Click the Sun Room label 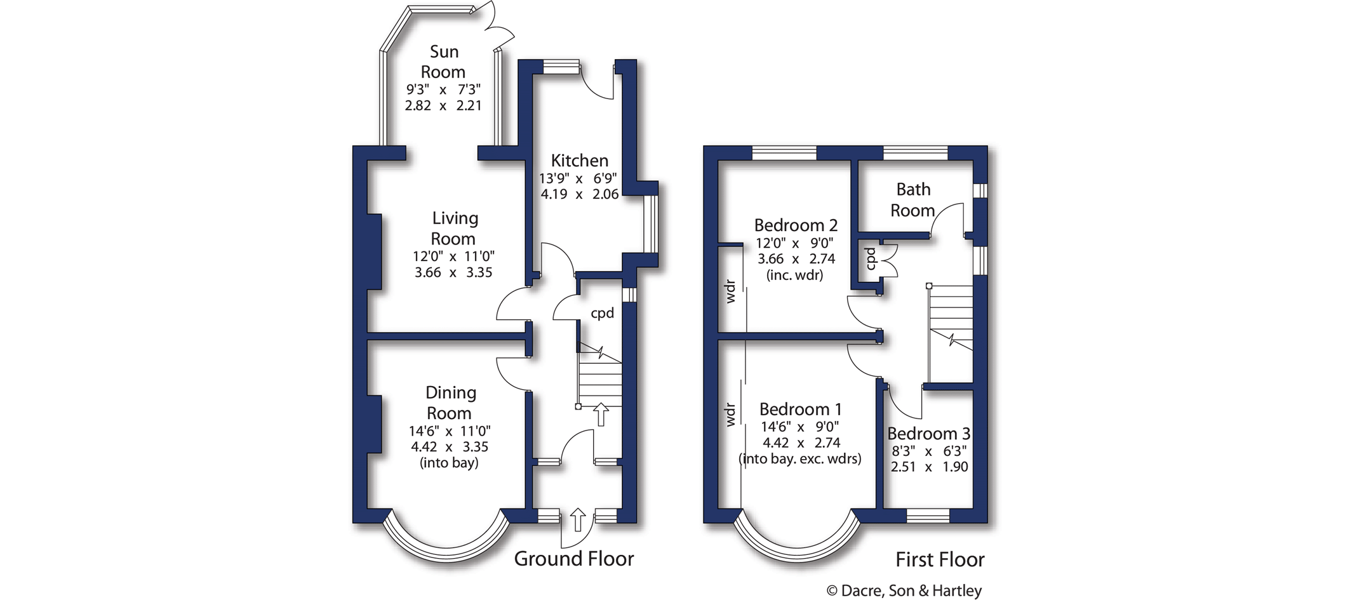[x=443, y=62]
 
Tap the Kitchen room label [x=579, y=161]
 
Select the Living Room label [x=453, y=229]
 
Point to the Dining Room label [x=450, y=403]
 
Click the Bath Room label [x=912, y=199]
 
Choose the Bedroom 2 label [x=796, y=225]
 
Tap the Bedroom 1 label [x=800, y=409]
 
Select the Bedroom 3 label [x=928, y=434]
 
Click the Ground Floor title [x=573, y=559]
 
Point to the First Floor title [x=940, y=559]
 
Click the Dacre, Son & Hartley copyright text [x=904, y=590]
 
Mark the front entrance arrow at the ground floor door [x=577, y=519]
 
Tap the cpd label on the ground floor [x=602, y=313]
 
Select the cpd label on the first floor [x=871, y=258]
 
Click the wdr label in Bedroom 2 [x=730, y=291]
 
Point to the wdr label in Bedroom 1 [x=730, y=415]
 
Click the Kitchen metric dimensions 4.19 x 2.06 [x=579, y=194]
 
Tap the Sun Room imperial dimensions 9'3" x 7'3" [x=443, y=90]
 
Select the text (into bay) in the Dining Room [x=449, y=463]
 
